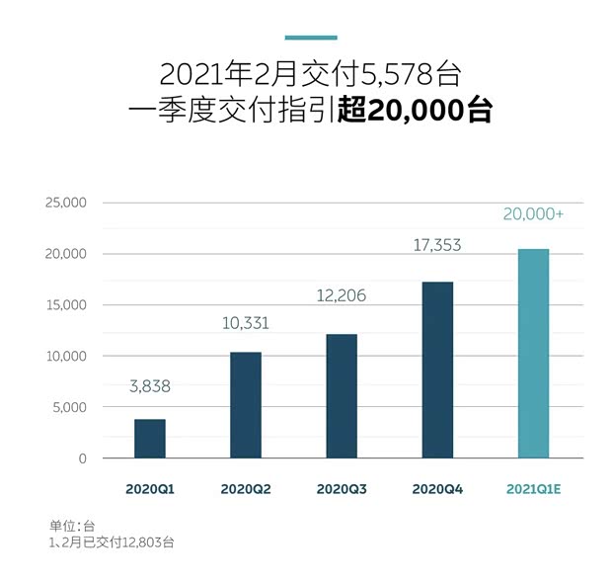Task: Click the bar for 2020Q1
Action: coord(150,439)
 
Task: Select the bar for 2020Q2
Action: coord(246,405)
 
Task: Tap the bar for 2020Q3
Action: coord(342,396)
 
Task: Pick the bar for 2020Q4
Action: coord(437,370)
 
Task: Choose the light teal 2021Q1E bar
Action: coord(533,354)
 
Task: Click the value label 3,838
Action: coord(150,387)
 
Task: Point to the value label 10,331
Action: coord(246,322)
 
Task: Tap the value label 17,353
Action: coord(437,245)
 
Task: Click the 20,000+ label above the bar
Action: coord(534,213)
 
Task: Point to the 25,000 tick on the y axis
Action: coord(66,203)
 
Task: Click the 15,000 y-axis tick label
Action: coord(66,305)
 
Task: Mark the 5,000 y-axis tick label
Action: coord(70,407)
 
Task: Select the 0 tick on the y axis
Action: coord(83,458)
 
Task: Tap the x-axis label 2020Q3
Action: coord(342,489)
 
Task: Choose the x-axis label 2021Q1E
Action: coord(534,489)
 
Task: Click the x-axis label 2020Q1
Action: coord(150,489)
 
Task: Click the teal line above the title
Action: coord(311,38)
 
